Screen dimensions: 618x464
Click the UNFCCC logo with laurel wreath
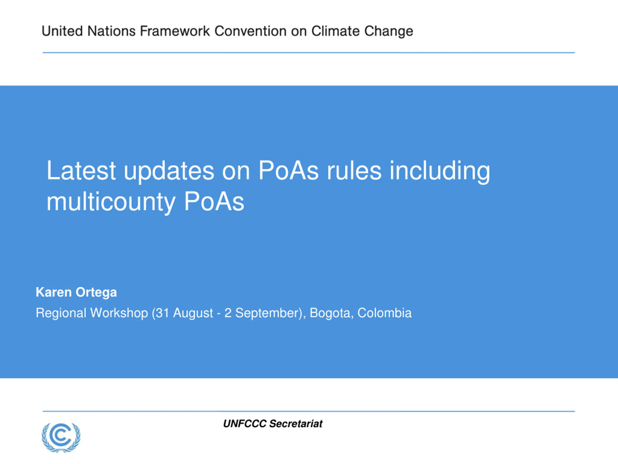point(61,437)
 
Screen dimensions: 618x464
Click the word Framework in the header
point(175,31)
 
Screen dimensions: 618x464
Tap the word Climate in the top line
point(335,31)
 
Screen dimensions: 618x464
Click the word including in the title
point(440,171)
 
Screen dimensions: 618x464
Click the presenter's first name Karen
point(54,292)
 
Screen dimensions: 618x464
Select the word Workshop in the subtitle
point(119,313)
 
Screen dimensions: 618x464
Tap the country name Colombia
point(384,313)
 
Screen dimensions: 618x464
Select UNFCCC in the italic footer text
point(245,424)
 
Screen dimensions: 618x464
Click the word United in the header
point(62,31)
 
